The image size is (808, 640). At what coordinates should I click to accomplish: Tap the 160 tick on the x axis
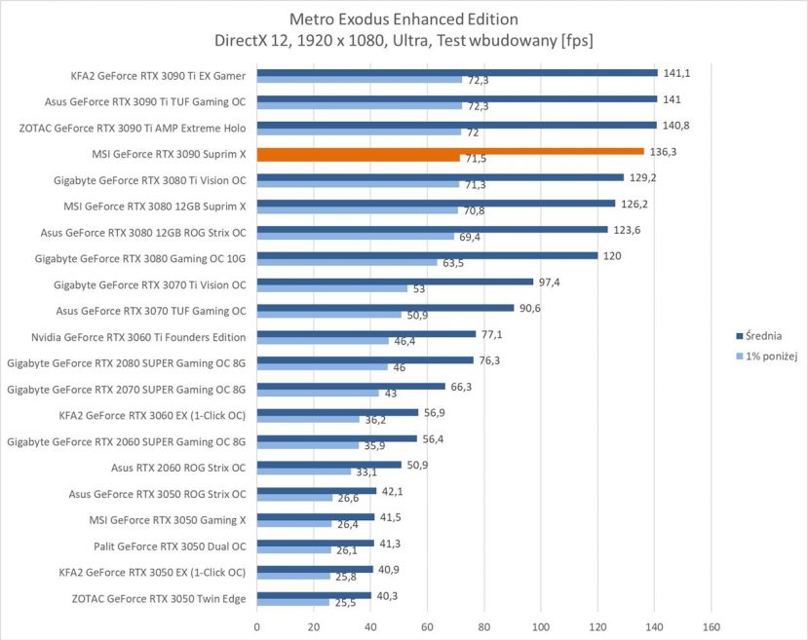(712, 627)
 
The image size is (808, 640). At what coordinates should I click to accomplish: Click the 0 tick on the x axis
(257, 627)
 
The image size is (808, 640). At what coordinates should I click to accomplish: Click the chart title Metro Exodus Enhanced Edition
(404, 19)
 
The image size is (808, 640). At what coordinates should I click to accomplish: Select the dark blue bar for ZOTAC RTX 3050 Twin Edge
(314, 594)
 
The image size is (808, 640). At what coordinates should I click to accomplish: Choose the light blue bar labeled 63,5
(347, 262)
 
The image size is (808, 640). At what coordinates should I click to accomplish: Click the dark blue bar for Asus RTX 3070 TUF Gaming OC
(385, 308)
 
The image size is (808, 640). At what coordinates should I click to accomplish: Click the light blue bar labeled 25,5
(292, 603)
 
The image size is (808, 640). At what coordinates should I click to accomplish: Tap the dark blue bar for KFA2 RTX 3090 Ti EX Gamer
(457, 72)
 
